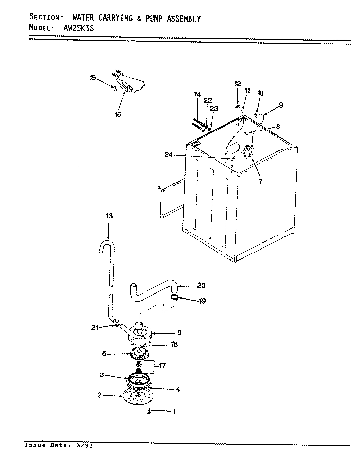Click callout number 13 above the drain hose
coord(109,216)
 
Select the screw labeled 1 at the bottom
coord(149,411)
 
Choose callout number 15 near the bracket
coord(93,78)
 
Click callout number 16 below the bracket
coord(118,114)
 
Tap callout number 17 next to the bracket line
coord(162,366)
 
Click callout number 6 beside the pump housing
coord(179,333)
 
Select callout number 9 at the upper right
coord(281,105)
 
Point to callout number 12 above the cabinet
coord(237,84)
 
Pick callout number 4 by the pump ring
coord(178,389)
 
